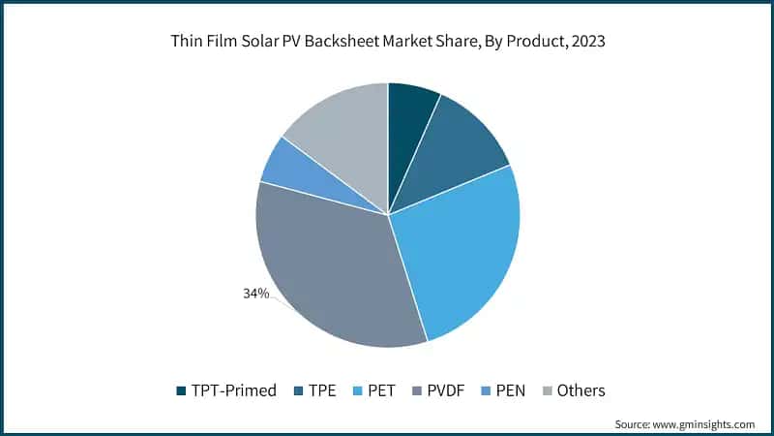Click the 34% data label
[255, 293]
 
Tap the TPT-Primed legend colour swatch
[181, 391]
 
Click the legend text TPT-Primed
[235, 391]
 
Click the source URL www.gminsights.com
[705, 424]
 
